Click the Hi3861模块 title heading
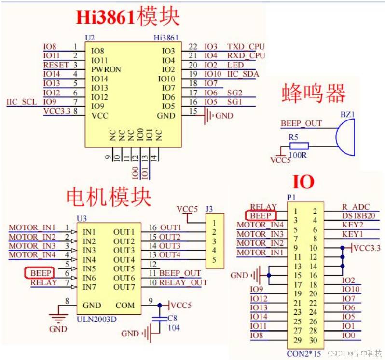[x=128, y=17]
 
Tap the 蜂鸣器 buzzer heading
[x=314, y=93]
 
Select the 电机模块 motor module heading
[x=109, y=197]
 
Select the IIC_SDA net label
[x=243, y=74]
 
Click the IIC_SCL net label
[x=22, y=102]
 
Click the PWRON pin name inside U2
[x=106, y=69]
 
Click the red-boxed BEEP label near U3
[x=41, y=273]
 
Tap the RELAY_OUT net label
[x=183, y=283]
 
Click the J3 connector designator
[x=209, y=210]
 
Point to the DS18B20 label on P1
[x=358, y=216]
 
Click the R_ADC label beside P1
[x=356, y=207]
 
